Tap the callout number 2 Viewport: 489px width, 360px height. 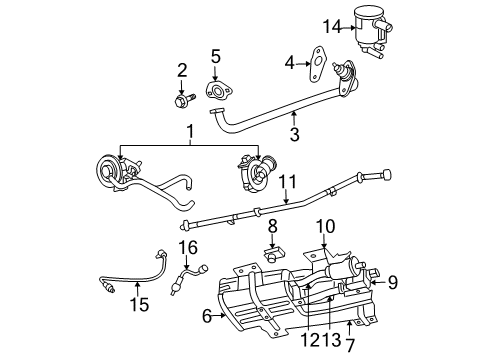coord(182,69)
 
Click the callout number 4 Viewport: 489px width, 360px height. coord(290,63)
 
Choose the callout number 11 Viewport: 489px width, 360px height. coord(286,183)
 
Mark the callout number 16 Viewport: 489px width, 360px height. coord(188,246)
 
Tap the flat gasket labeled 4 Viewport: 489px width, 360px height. coord(318,64)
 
